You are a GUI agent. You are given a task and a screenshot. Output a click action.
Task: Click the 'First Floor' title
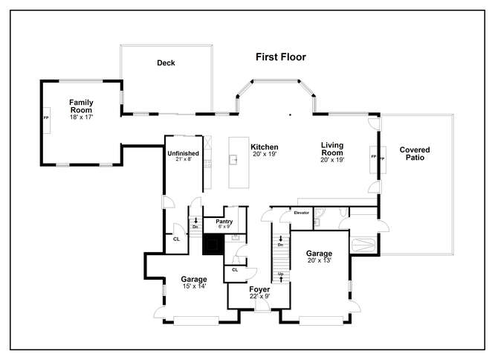pos(281,57)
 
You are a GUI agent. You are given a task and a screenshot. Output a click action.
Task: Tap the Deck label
pos(166,62)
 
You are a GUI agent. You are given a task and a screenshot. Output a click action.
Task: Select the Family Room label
pos(81,106)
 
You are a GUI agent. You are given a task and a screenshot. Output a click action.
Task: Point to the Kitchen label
pos(265,147)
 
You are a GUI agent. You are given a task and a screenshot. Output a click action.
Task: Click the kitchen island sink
pos(233,159)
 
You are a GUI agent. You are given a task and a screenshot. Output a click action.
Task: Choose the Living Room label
pos(332,149)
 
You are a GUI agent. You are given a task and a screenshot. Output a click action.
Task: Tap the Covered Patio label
pos(415,153)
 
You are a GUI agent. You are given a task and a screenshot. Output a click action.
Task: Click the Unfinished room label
pos(183,153)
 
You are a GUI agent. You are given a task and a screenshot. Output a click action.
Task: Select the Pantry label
pos(224,222)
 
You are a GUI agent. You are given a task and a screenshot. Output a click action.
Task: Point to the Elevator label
pos(302,213)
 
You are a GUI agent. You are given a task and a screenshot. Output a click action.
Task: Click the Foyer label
pos(259,289)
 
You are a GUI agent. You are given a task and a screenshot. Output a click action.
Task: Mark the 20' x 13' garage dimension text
pos(319,260)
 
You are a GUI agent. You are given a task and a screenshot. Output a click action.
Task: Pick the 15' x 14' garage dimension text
pos(194,286)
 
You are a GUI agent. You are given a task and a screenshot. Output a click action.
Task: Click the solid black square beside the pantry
pos(213,245)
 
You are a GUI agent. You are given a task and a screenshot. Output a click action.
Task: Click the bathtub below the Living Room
pos(363,245)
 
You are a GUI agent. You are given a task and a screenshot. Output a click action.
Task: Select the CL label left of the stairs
pos(176,239)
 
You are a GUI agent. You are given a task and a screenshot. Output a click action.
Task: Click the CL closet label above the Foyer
pos(235,270)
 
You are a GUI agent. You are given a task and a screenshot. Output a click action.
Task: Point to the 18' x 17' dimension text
pos(81,118)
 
